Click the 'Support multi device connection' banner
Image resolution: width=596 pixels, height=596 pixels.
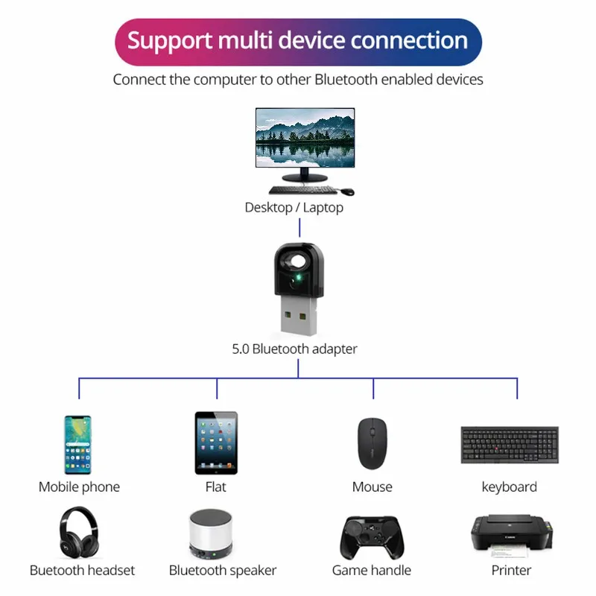[x=298, y=42]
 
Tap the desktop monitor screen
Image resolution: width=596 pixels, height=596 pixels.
[x=305, y=137]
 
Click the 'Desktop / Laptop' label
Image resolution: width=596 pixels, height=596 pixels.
[x=294, y=208]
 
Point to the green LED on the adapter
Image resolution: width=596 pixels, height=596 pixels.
[x=299, y=277]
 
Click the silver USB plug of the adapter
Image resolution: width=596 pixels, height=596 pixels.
[x=299, y=316]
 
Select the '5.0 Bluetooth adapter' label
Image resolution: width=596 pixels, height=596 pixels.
[x=294, y=349]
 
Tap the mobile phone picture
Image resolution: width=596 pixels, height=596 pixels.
[x=78, y=445]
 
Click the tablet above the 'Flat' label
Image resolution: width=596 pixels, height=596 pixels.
[x=216, y=443]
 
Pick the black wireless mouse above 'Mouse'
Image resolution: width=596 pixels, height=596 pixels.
[x=372, y=443]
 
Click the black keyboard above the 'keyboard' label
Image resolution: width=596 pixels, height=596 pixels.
[x=510, y=445]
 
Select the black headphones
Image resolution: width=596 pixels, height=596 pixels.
[x=79, y=532]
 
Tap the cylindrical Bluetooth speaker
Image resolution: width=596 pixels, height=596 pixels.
[x=211, y=534]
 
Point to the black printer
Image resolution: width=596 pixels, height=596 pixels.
[x=512, y=535]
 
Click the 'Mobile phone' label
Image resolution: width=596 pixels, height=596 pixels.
[x=79, y=487]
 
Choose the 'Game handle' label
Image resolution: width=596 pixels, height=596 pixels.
[x=371, y=570]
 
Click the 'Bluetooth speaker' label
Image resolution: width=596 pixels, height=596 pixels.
[x=223, y=571]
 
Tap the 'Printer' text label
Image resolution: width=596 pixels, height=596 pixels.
[x=511, y=570]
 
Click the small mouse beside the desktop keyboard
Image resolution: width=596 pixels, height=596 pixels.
[x=347, y=191]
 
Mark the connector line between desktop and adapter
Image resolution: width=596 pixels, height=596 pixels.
[x=299, y=228]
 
